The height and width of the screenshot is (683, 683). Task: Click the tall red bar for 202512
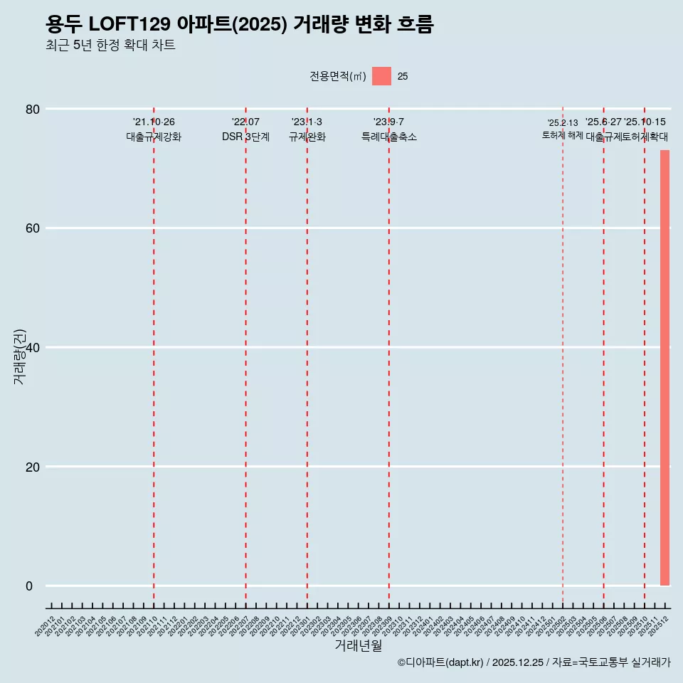665,367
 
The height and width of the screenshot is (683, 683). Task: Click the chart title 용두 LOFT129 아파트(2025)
239,24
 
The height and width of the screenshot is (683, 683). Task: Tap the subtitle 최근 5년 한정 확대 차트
110,46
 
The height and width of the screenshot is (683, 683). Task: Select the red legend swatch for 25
381,76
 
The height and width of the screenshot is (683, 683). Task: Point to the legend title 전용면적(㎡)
337,76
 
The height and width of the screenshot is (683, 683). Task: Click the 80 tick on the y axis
33,109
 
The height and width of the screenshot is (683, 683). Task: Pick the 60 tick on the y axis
33,228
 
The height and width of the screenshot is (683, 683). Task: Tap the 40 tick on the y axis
33,347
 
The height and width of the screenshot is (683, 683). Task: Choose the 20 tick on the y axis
33,467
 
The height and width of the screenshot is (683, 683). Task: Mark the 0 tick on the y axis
29,586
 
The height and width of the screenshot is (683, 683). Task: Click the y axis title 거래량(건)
19,356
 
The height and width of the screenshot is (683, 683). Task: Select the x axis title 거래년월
359,646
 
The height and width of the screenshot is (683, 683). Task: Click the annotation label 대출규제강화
154,137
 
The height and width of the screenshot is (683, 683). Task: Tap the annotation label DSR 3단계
245,137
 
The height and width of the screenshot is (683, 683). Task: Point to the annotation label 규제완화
307,137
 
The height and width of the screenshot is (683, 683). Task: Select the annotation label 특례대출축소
388,137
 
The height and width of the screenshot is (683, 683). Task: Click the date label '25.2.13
563,123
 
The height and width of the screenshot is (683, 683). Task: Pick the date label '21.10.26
154,122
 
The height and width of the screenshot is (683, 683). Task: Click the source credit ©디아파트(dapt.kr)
440,662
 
